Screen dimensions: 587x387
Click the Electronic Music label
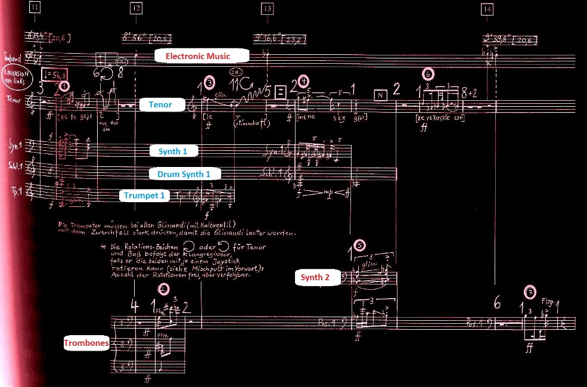[x=201, y=56]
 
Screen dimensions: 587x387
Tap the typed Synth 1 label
[x=173, y=151]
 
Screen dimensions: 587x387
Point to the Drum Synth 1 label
[x=185, y=174]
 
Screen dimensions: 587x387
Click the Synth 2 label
[x=315, y=277]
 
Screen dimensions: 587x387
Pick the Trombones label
[x=86, y=343]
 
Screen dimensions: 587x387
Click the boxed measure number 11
[x=35, y=8]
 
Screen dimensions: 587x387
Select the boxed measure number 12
[x=136, y=8]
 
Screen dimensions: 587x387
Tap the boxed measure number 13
[x=267, y=8]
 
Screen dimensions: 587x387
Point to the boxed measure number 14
[x=488, y=8]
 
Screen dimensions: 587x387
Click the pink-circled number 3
[x=209, y=82]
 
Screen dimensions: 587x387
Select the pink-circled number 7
[x=528, y=292]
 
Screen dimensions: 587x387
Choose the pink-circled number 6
[x=428, y=75]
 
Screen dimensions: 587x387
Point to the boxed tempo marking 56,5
[x=56, y=75]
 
